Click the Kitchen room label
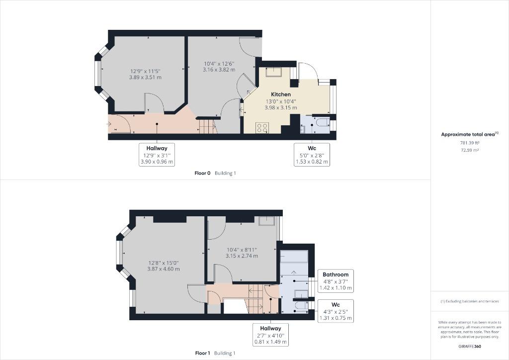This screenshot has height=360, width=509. click(x=281, y=94)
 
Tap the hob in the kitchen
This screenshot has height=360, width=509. click(x=262, y=128)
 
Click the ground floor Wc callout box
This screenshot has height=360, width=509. click(x=312, y=155)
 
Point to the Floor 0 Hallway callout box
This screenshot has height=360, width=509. click(x=157, y=155)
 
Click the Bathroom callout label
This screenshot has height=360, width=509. click(x=336, y=274)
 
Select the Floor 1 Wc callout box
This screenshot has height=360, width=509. click(x=336, y=311)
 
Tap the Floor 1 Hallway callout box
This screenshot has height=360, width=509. click(x=270, y=334)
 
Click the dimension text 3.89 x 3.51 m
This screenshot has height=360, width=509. click(x=145, y=77)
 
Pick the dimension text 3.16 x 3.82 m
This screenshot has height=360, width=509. click(x=219, y=70)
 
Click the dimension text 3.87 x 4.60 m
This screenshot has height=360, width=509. click(x=164, y=269)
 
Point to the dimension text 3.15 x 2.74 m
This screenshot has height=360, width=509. click(x=242, y=256)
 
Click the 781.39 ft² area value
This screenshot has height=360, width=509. click(x=470, y=143)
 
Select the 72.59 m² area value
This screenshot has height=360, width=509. click(x=470, y=150)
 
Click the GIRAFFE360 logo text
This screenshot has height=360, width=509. click(x=470, y=347)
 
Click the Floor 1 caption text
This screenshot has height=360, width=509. click(x=203, y=353)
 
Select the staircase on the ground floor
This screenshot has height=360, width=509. click(x=208, y=126)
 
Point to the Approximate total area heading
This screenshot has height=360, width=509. click(x=469, y=134)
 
